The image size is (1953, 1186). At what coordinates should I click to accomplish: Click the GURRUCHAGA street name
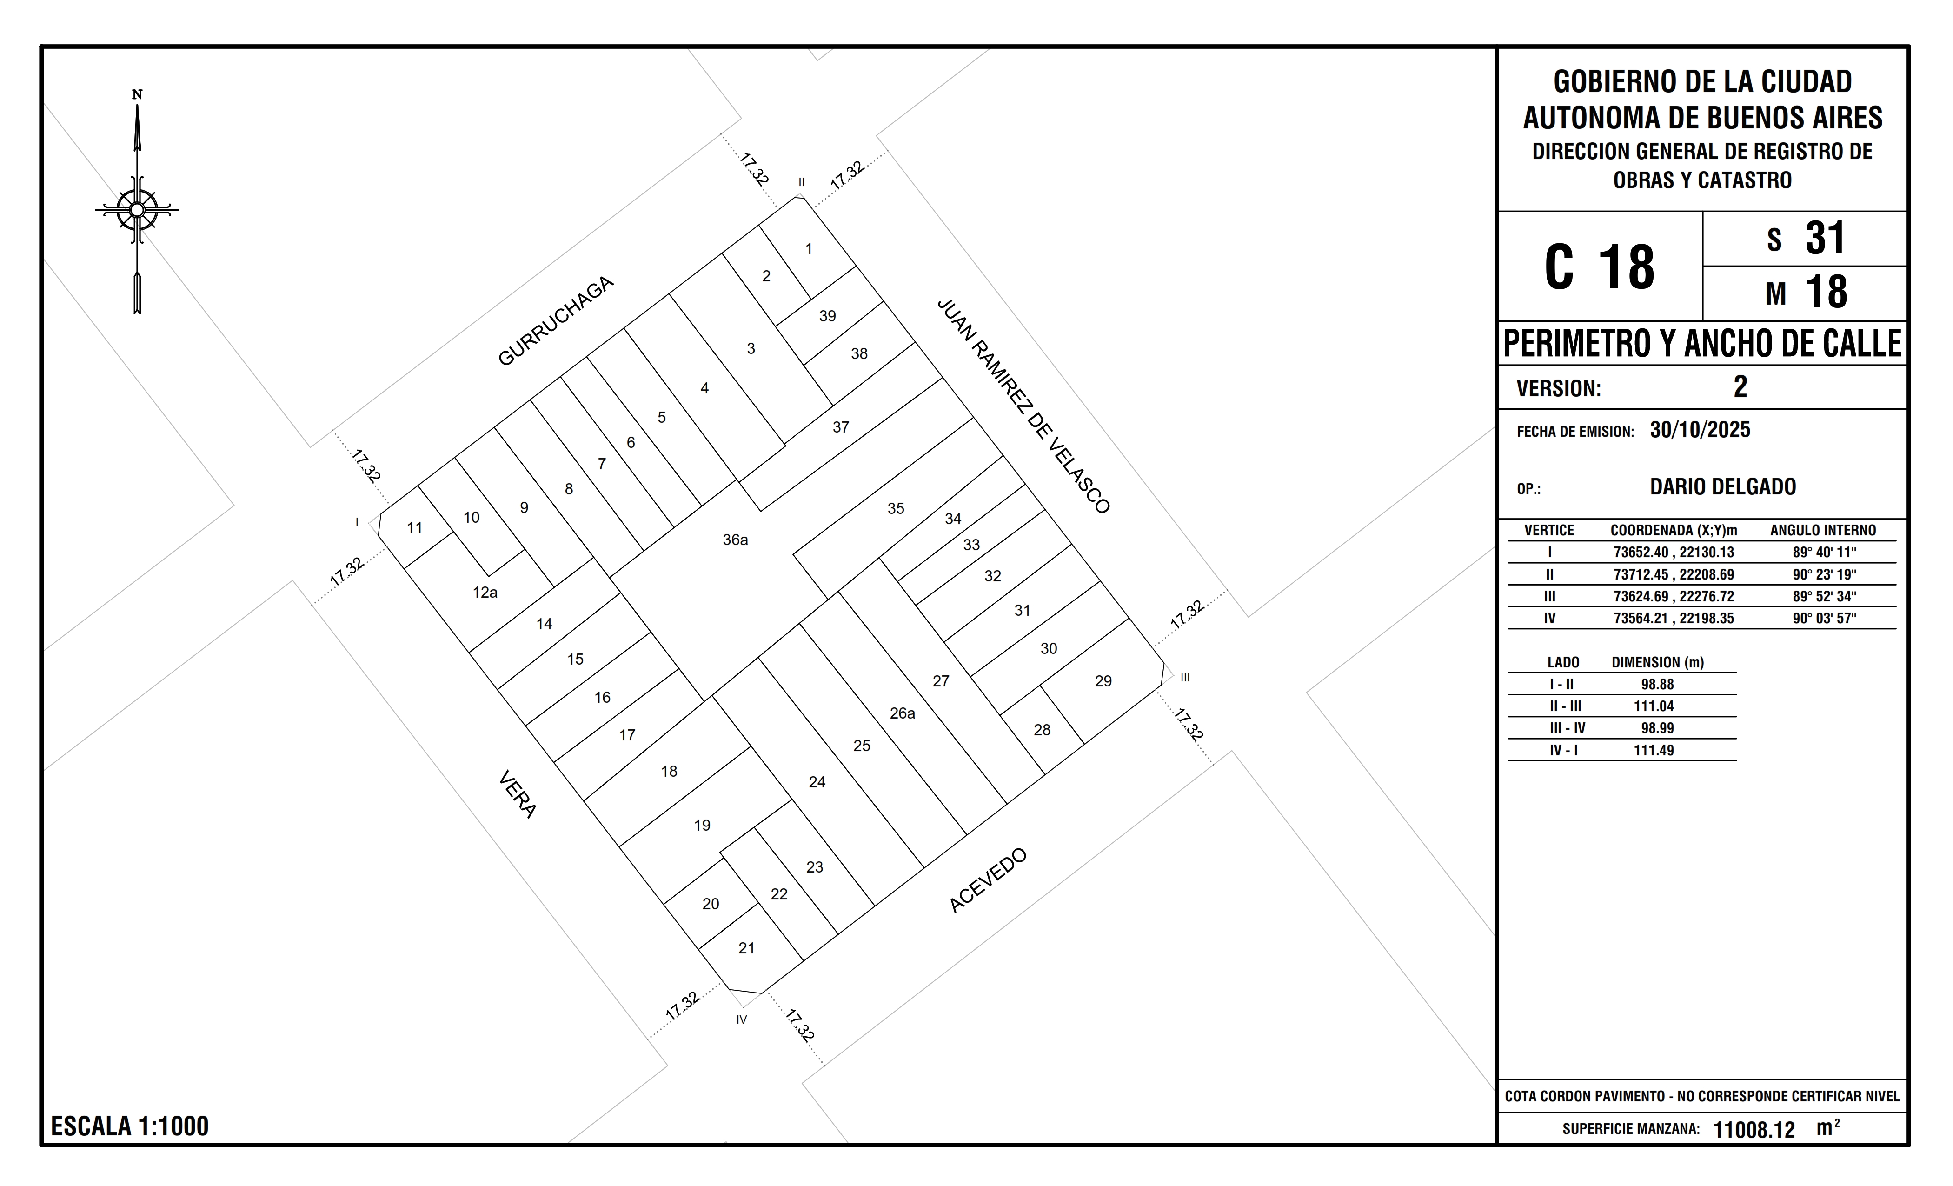tap(556, 321)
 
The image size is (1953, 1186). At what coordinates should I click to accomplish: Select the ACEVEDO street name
tap(988, 880)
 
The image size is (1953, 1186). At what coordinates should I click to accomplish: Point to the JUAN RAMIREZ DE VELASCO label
tap(1023, 406)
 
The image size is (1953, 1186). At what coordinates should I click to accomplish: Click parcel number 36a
tap(735, 540)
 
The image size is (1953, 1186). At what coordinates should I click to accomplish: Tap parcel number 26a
tap(902, 713)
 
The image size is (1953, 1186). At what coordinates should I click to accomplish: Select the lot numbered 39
tap(828, 316)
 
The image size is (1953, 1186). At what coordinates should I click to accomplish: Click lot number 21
tap(747, 948)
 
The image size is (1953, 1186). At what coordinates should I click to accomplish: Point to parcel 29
tap(1103, 681)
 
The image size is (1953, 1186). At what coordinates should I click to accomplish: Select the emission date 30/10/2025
tap(1700, 430)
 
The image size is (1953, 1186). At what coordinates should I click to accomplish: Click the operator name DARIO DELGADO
tap(1723, 487)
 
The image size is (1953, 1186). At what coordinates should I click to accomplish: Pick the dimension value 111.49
tap(1654, 750)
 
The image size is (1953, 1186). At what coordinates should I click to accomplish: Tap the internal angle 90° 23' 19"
tap(1825, 575)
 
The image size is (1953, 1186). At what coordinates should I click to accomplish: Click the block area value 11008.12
tap(1754, 1130)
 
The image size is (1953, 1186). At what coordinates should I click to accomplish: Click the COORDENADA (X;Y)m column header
tap(1673, 530)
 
